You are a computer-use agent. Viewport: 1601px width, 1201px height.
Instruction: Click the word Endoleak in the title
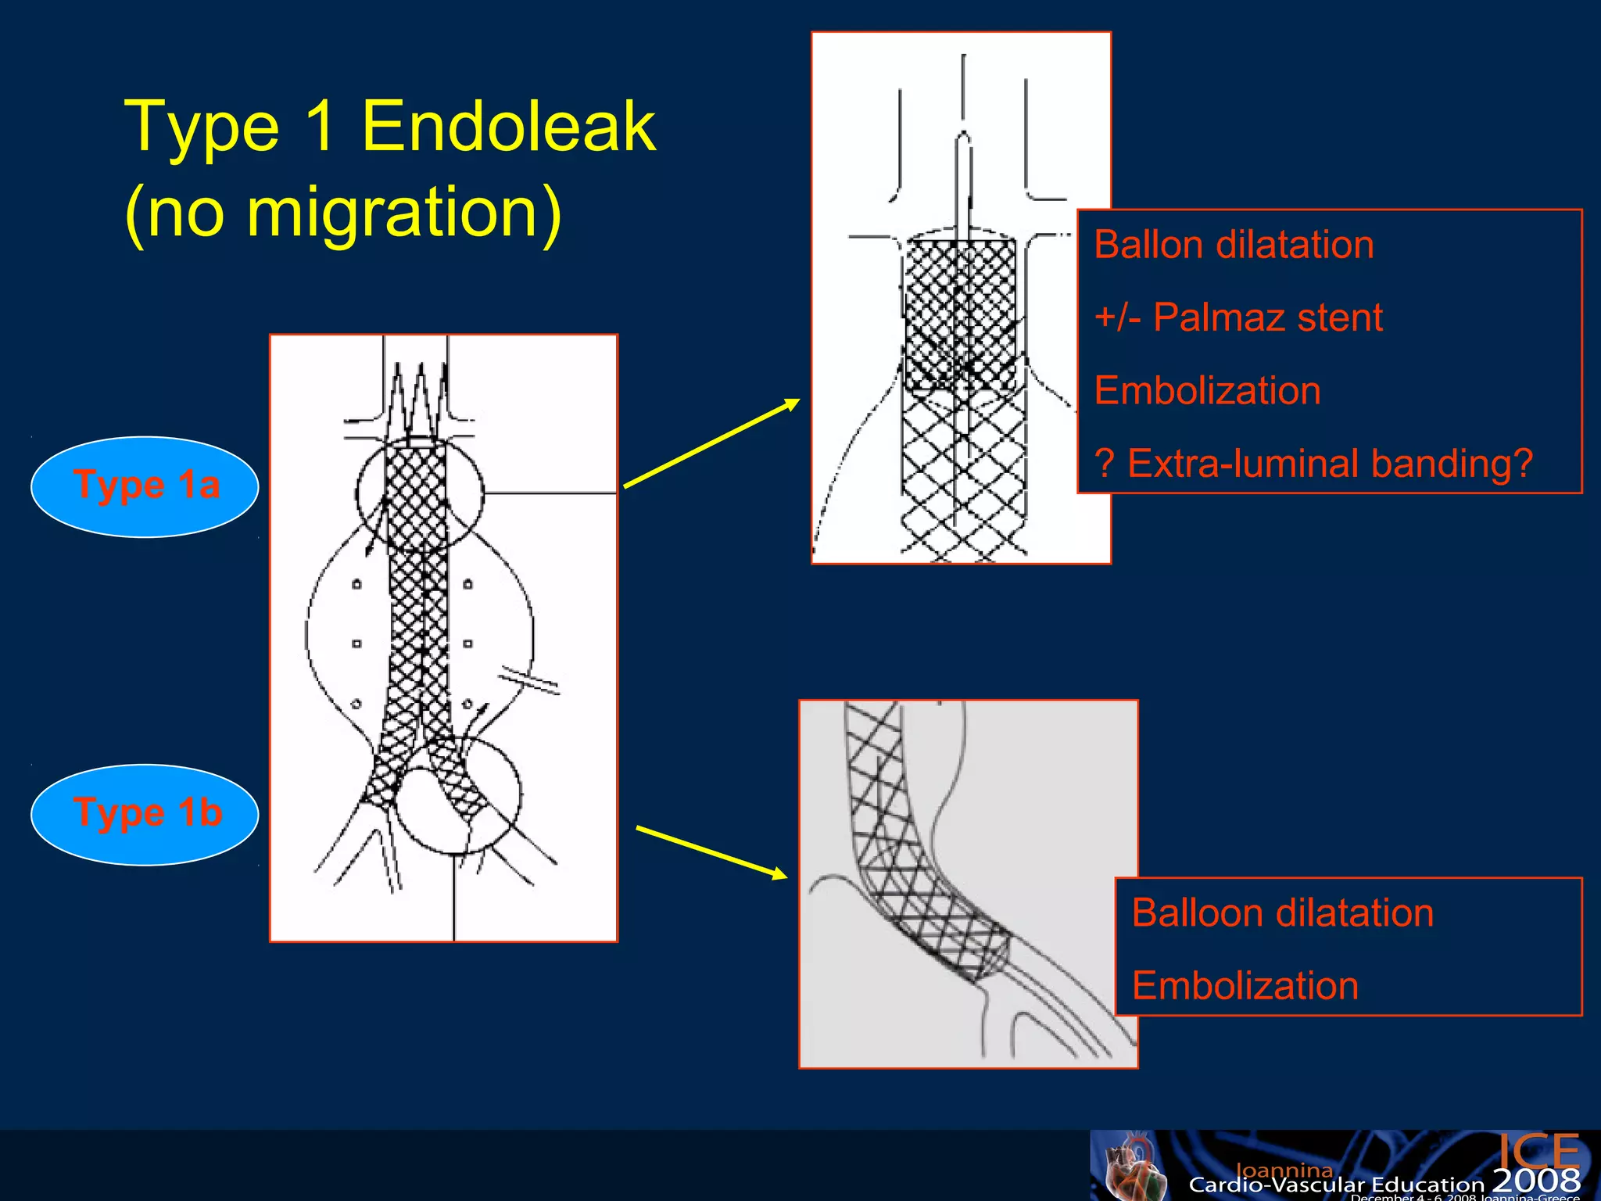click(508, 127)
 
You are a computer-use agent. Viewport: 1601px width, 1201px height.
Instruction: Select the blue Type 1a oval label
click(145, 486)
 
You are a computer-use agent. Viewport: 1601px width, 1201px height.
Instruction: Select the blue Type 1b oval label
click(145, 814)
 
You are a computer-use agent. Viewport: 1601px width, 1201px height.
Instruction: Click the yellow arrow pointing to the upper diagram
click(711, 443)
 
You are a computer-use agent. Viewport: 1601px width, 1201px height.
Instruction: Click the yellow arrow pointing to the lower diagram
click(711, 852)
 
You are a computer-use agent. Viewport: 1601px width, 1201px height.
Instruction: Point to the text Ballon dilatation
click(1234, 245)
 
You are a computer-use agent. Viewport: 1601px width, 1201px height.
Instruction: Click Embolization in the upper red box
click(1207, 390)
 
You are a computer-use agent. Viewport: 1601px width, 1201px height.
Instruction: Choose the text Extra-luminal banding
click(1329, 463)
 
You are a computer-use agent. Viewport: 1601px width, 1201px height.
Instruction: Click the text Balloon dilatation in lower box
click(1282, 912)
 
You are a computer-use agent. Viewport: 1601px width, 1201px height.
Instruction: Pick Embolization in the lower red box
click(1245, 985)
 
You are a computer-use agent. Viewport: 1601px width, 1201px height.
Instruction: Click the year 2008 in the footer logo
click(1536, 1180)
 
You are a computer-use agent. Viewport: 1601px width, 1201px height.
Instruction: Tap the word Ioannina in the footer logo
click(1284, 1170)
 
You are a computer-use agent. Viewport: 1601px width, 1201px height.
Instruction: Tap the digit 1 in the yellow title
click(320, 127)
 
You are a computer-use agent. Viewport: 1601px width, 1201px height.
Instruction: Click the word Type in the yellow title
click(202, 127)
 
